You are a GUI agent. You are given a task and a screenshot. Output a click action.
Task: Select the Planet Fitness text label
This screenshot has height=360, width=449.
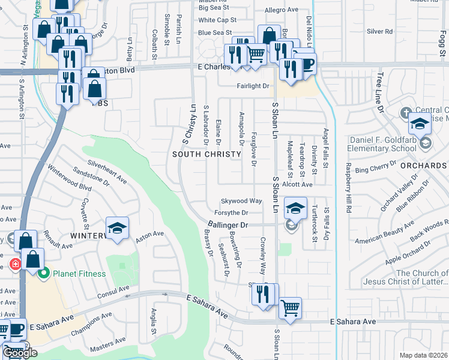[79, 274]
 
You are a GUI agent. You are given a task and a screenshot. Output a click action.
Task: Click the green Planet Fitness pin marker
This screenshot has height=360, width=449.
[43, 274]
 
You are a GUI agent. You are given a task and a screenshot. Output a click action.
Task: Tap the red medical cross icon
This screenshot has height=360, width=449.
[14, 264]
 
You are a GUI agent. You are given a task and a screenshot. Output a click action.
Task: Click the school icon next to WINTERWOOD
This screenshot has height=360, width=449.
[117, 227]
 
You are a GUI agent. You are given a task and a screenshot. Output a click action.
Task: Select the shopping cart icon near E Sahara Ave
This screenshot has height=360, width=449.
[290, 308]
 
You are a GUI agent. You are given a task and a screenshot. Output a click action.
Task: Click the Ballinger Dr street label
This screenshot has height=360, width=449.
[229, 224]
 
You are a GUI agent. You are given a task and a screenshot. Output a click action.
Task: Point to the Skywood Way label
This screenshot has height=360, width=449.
[241, 201]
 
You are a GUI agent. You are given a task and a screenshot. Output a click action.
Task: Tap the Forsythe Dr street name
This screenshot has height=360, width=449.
[228, 212]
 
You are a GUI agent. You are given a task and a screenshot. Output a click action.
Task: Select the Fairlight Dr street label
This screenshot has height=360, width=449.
[252, 86]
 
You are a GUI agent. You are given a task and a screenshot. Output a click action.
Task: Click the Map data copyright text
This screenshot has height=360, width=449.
[423, 355]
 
